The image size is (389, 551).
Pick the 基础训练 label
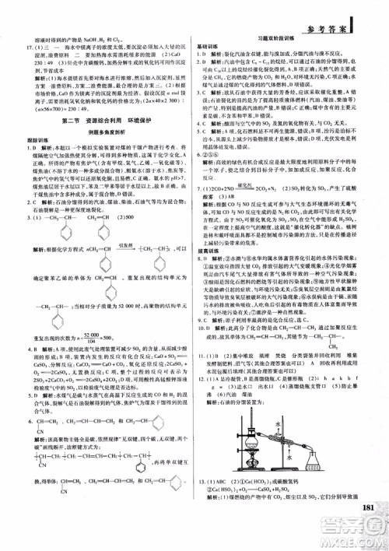[x=207, y=45]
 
